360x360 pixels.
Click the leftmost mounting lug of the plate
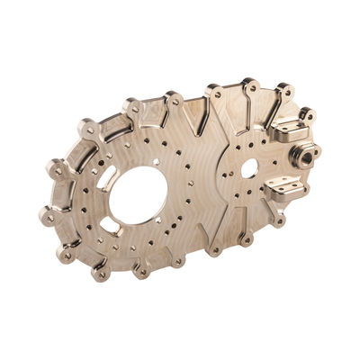click(x=47, y=216)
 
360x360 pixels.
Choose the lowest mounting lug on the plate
click(x=102, y=273)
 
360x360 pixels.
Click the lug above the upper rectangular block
click(x=307, y=114)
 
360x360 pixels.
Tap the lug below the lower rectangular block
click(x=278, y=219)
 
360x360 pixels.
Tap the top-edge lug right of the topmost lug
click(x=285, y=90)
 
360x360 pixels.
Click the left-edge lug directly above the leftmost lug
click(x=57, y=168)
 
